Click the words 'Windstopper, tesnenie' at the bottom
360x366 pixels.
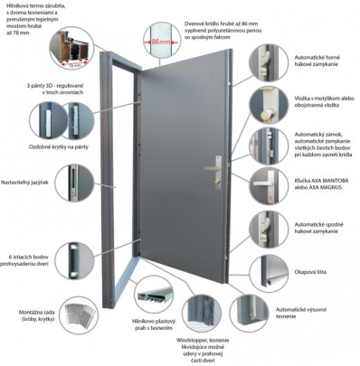coord(229,339)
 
